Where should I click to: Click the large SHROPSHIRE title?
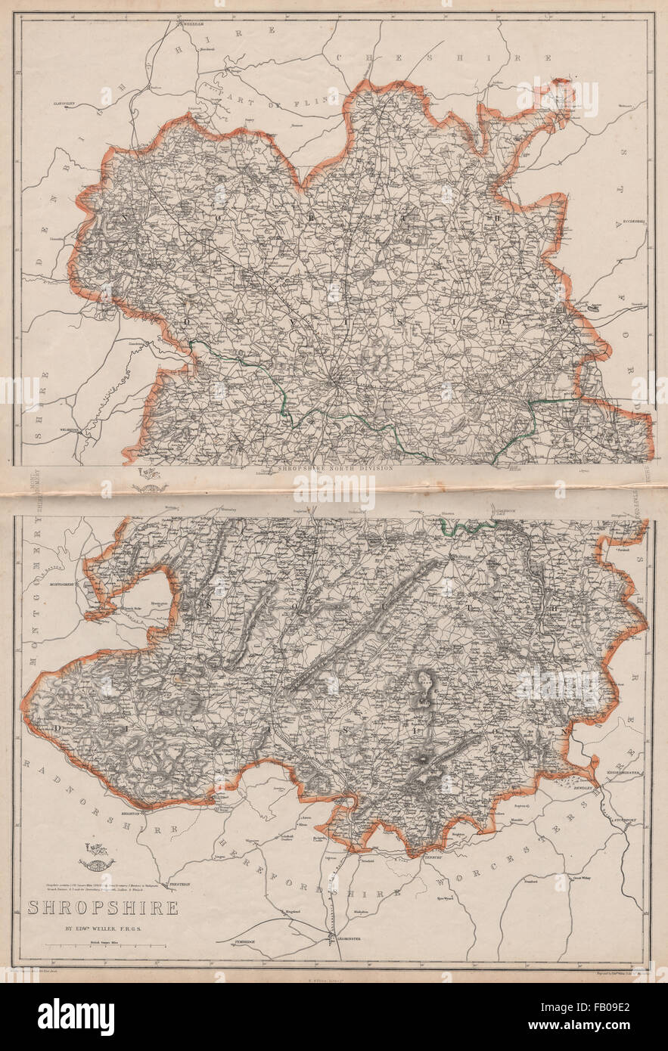pyautogui.click(x=103, y=907)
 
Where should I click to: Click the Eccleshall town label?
pyautogui.click(x=632, y=222)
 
